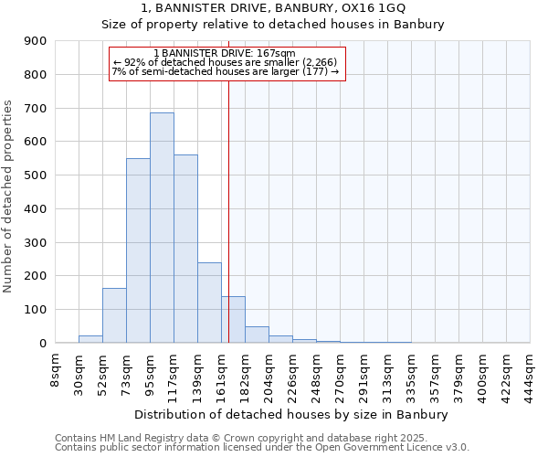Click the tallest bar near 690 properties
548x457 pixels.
(x=162, y=228)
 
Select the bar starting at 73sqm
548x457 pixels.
(x=138, y=250)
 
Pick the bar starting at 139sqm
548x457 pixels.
(x=209, y=303)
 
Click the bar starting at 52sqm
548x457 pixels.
(x=114, y=315)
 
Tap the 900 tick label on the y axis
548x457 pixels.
(x=36, y=41)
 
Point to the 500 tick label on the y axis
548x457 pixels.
(x=36, y=175)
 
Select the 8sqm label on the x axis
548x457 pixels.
(x=55, y=370)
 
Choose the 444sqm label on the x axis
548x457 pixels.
(x=530, y=372)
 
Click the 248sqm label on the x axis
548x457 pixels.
(x=316, y=372)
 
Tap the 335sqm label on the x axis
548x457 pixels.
(x=411, y=372)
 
